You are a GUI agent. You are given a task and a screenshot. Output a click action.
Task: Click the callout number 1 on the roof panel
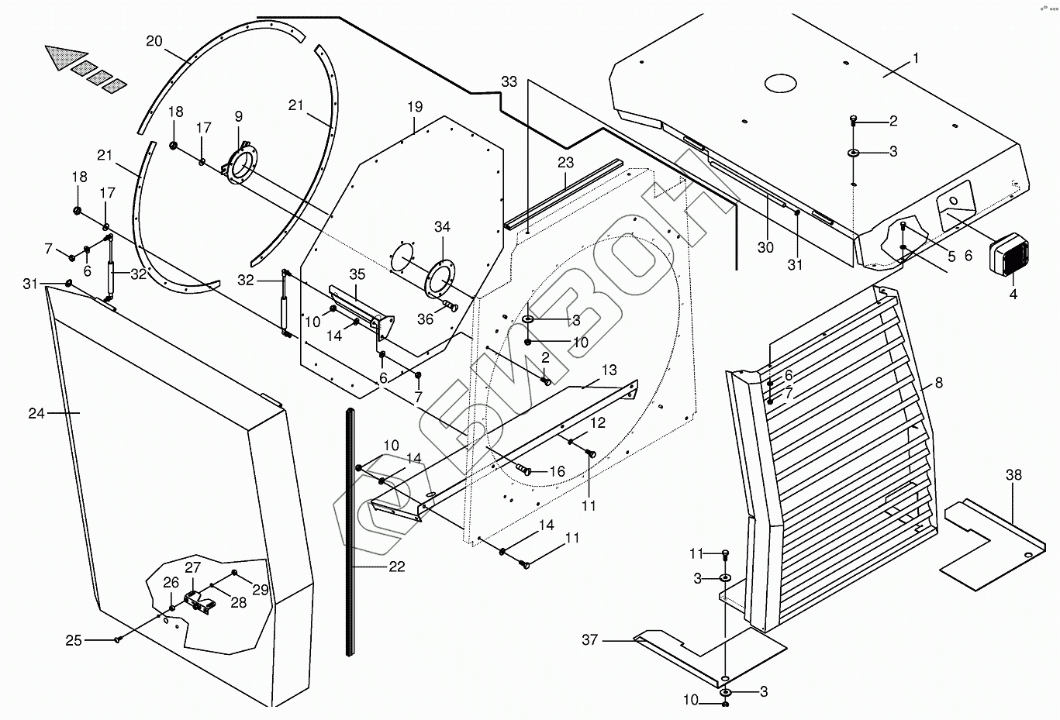click(x=916, y=58)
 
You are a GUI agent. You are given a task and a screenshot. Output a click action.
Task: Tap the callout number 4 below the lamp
click(x=1013, y=295)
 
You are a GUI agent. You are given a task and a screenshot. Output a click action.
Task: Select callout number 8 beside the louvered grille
click(x=939, y=382)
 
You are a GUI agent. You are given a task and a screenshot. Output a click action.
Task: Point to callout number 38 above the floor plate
click(x=1013, y=476)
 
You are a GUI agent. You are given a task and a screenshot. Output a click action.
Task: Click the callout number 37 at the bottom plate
click(x=590, y=640)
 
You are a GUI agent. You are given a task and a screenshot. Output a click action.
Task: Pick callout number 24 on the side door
click(x=36, y=414)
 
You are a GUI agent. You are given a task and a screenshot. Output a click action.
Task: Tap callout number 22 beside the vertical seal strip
click(x=396, y=567)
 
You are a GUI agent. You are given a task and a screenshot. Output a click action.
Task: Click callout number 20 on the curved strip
click(x=154, y=40)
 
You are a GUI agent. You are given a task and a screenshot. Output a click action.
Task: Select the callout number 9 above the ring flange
click(x=238, y=116)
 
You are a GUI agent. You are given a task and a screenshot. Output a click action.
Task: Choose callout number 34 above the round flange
click(x=442, y=227)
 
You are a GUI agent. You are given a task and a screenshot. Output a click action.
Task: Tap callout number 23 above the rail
click(x=565, y=163)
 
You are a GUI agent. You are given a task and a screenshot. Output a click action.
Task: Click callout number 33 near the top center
click(x=509, y=81)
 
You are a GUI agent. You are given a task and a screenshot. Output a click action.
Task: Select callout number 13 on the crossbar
click(x=609, y=369)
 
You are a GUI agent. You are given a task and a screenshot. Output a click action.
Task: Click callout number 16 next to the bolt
click(x=557, y=471)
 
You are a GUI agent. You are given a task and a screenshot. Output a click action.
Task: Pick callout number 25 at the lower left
click(x=74, y=640)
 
